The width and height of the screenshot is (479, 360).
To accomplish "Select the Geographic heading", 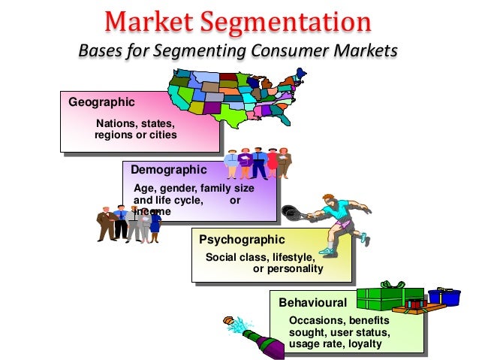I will pos(101,101).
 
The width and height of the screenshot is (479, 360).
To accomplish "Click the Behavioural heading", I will pos(312,303).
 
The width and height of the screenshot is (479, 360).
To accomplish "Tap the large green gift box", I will pos(389,298).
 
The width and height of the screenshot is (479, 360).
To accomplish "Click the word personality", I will pos(298,268).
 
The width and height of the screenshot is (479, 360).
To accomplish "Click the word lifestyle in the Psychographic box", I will pos(294,257).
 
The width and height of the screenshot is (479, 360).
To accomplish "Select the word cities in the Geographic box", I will pos(162,135).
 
